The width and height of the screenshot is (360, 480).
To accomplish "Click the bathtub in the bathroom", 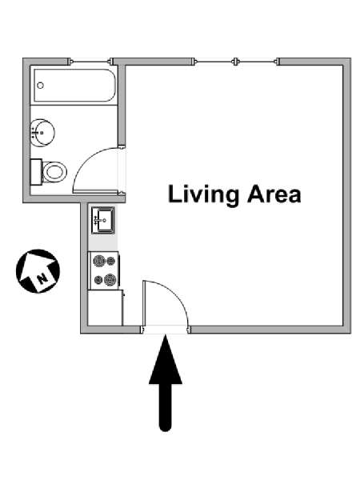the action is [75, 86].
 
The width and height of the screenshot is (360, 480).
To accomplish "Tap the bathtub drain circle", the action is [40, 86].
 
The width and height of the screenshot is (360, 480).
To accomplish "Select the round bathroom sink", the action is [42, 133].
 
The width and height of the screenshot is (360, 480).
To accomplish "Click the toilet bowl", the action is [54, 172].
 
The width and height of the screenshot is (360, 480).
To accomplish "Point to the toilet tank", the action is [36, 172].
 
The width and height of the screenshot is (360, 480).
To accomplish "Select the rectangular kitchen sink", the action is [103, 220].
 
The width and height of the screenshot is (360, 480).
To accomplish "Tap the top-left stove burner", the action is [99, 261].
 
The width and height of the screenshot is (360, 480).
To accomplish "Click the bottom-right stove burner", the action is [110, 279].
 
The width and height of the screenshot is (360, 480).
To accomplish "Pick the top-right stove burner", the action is [111, 261].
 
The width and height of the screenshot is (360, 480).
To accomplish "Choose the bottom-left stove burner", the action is [98, 279].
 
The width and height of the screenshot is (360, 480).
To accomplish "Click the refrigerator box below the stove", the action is [105, 308].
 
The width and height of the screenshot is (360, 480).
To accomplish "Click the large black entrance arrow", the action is [166, 382].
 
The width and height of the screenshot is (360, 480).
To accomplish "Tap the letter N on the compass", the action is [42, 278].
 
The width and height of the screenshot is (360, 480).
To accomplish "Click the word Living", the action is [203, 195].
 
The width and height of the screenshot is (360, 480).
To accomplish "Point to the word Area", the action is [274, 194].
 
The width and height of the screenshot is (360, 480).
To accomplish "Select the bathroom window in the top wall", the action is [90, 62].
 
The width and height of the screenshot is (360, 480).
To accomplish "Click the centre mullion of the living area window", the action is [235, 62].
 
